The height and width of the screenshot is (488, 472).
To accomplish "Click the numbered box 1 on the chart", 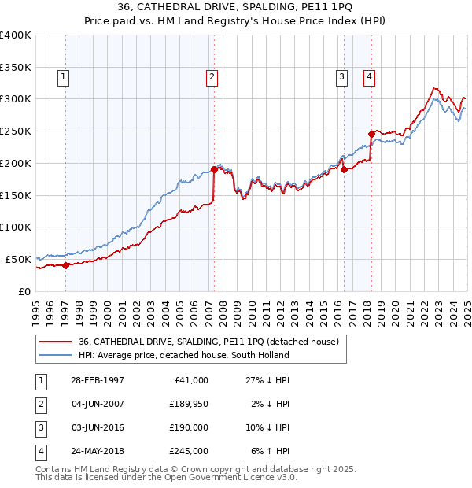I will click(62, 76).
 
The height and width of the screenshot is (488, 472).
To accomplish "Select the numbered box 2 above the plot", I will click(212, 76).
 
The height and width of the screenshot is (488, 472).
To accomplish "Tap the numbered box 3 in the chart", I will click(342, 76).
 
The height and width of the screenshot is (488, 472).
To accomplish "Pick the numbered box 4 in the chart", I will click(369, 76).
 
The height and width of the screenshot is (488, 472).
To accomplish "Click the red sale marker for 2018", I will click(371, 134).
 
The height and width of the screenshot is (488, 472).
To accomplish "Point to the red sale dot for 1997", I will click(66, 265).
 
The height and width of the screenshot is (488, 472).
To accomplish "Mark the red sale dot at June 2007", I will click(214, 169).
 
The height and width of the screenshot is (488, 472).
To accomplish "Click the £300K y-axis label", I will click(16, 99).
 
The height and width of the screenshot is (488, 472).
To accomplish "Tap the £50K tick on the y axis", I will click(19, 259).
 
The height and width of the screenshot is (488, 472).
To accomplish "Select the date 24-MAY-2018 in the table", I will click(96, 451).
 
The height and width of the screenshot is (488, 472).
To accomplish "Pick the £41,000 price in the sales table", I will click(190, 380).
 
